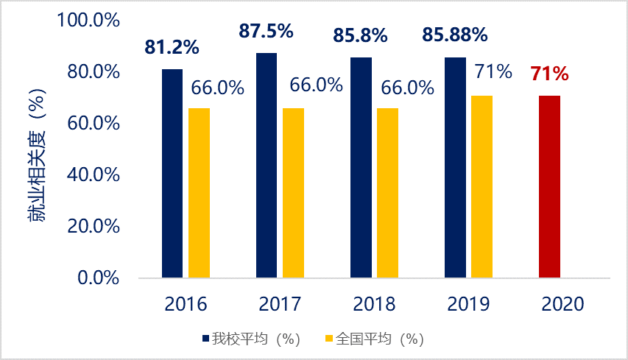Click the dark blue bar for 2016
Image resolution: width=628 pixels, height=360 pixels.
(x=172, y=174)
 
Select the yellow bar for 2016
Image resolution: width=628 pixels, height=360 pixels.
(x=199, y=193)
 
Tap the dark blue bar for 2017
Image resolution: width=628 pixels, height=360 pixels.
(x=267, y=166)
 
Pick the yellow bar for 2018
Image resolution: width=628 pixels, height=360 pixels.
(x=387, y=193)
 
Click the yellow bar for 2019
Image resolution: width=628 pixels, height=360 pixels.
(x=481, y=187)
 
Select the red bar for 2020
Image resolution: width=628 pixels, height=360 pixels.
(x=549, y=187)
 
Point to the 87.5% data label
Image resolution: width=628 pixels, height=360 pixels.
(x=266, y=32)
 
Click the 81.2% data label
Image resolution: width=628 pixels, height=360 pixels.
(x=172, y=48)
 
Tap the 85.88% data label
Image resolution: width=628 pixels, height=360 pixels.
(x=454, y=34)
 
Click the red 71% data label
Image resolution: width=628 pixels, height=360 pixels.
(x=549, y=74)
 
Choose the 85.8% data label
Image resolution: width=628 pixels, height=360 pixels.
(x=360, y=34)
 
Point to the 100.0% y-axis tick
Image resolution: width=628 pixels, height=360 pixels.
(x=88, y=20)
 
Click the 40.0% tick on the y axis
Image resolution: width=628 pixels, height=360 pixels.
(x=93, y=175)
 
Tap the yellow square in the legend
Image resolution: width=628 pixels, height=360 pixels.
(x=329, y=339)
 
